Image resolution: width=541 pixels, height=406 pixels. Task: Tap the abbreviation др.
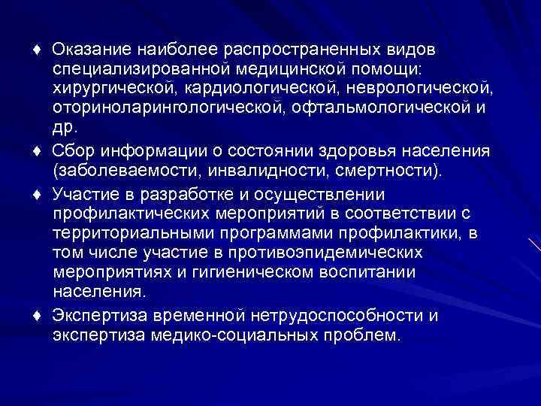coord(65,128)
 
